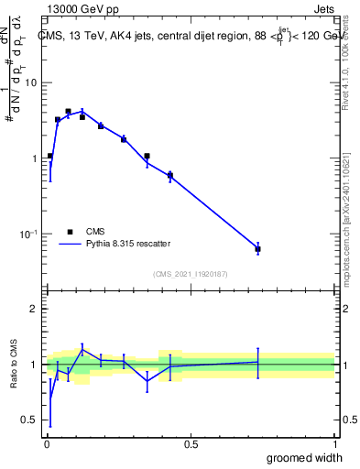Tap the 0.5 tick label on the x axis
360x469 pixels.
click(191, 444)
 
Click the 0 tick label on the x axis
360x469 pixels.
click(46, 444)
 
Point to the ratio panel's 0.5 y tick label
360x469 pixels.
click(28, 420)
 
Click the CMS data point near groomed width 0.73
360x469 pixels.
click(257, 249)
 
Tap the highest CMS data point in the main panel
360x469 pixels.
click(68, 112)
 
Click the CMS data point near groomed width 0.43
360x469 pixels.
click(169, 175)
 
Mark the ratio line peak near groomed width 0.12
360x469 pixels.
click(82, 348)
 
